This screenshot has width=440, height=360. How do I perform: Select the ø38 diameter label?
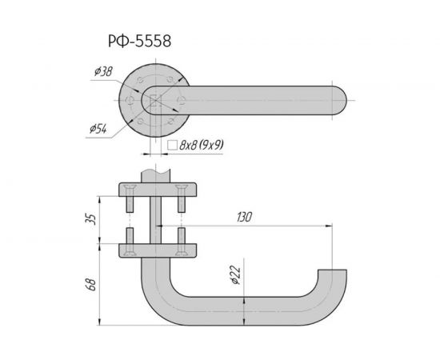tap(102, 72)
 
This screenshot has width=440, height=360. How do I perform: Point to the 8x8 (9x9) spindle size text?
tap(201, 146)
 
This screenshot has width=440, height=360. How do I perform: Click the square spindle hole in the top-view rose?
tap(154, 102)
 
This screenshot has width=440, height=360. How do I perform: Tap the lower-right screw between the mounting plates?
tap(183, 238)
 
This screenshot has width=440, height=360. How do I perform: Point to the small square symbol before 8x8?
tap(173, 146)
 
